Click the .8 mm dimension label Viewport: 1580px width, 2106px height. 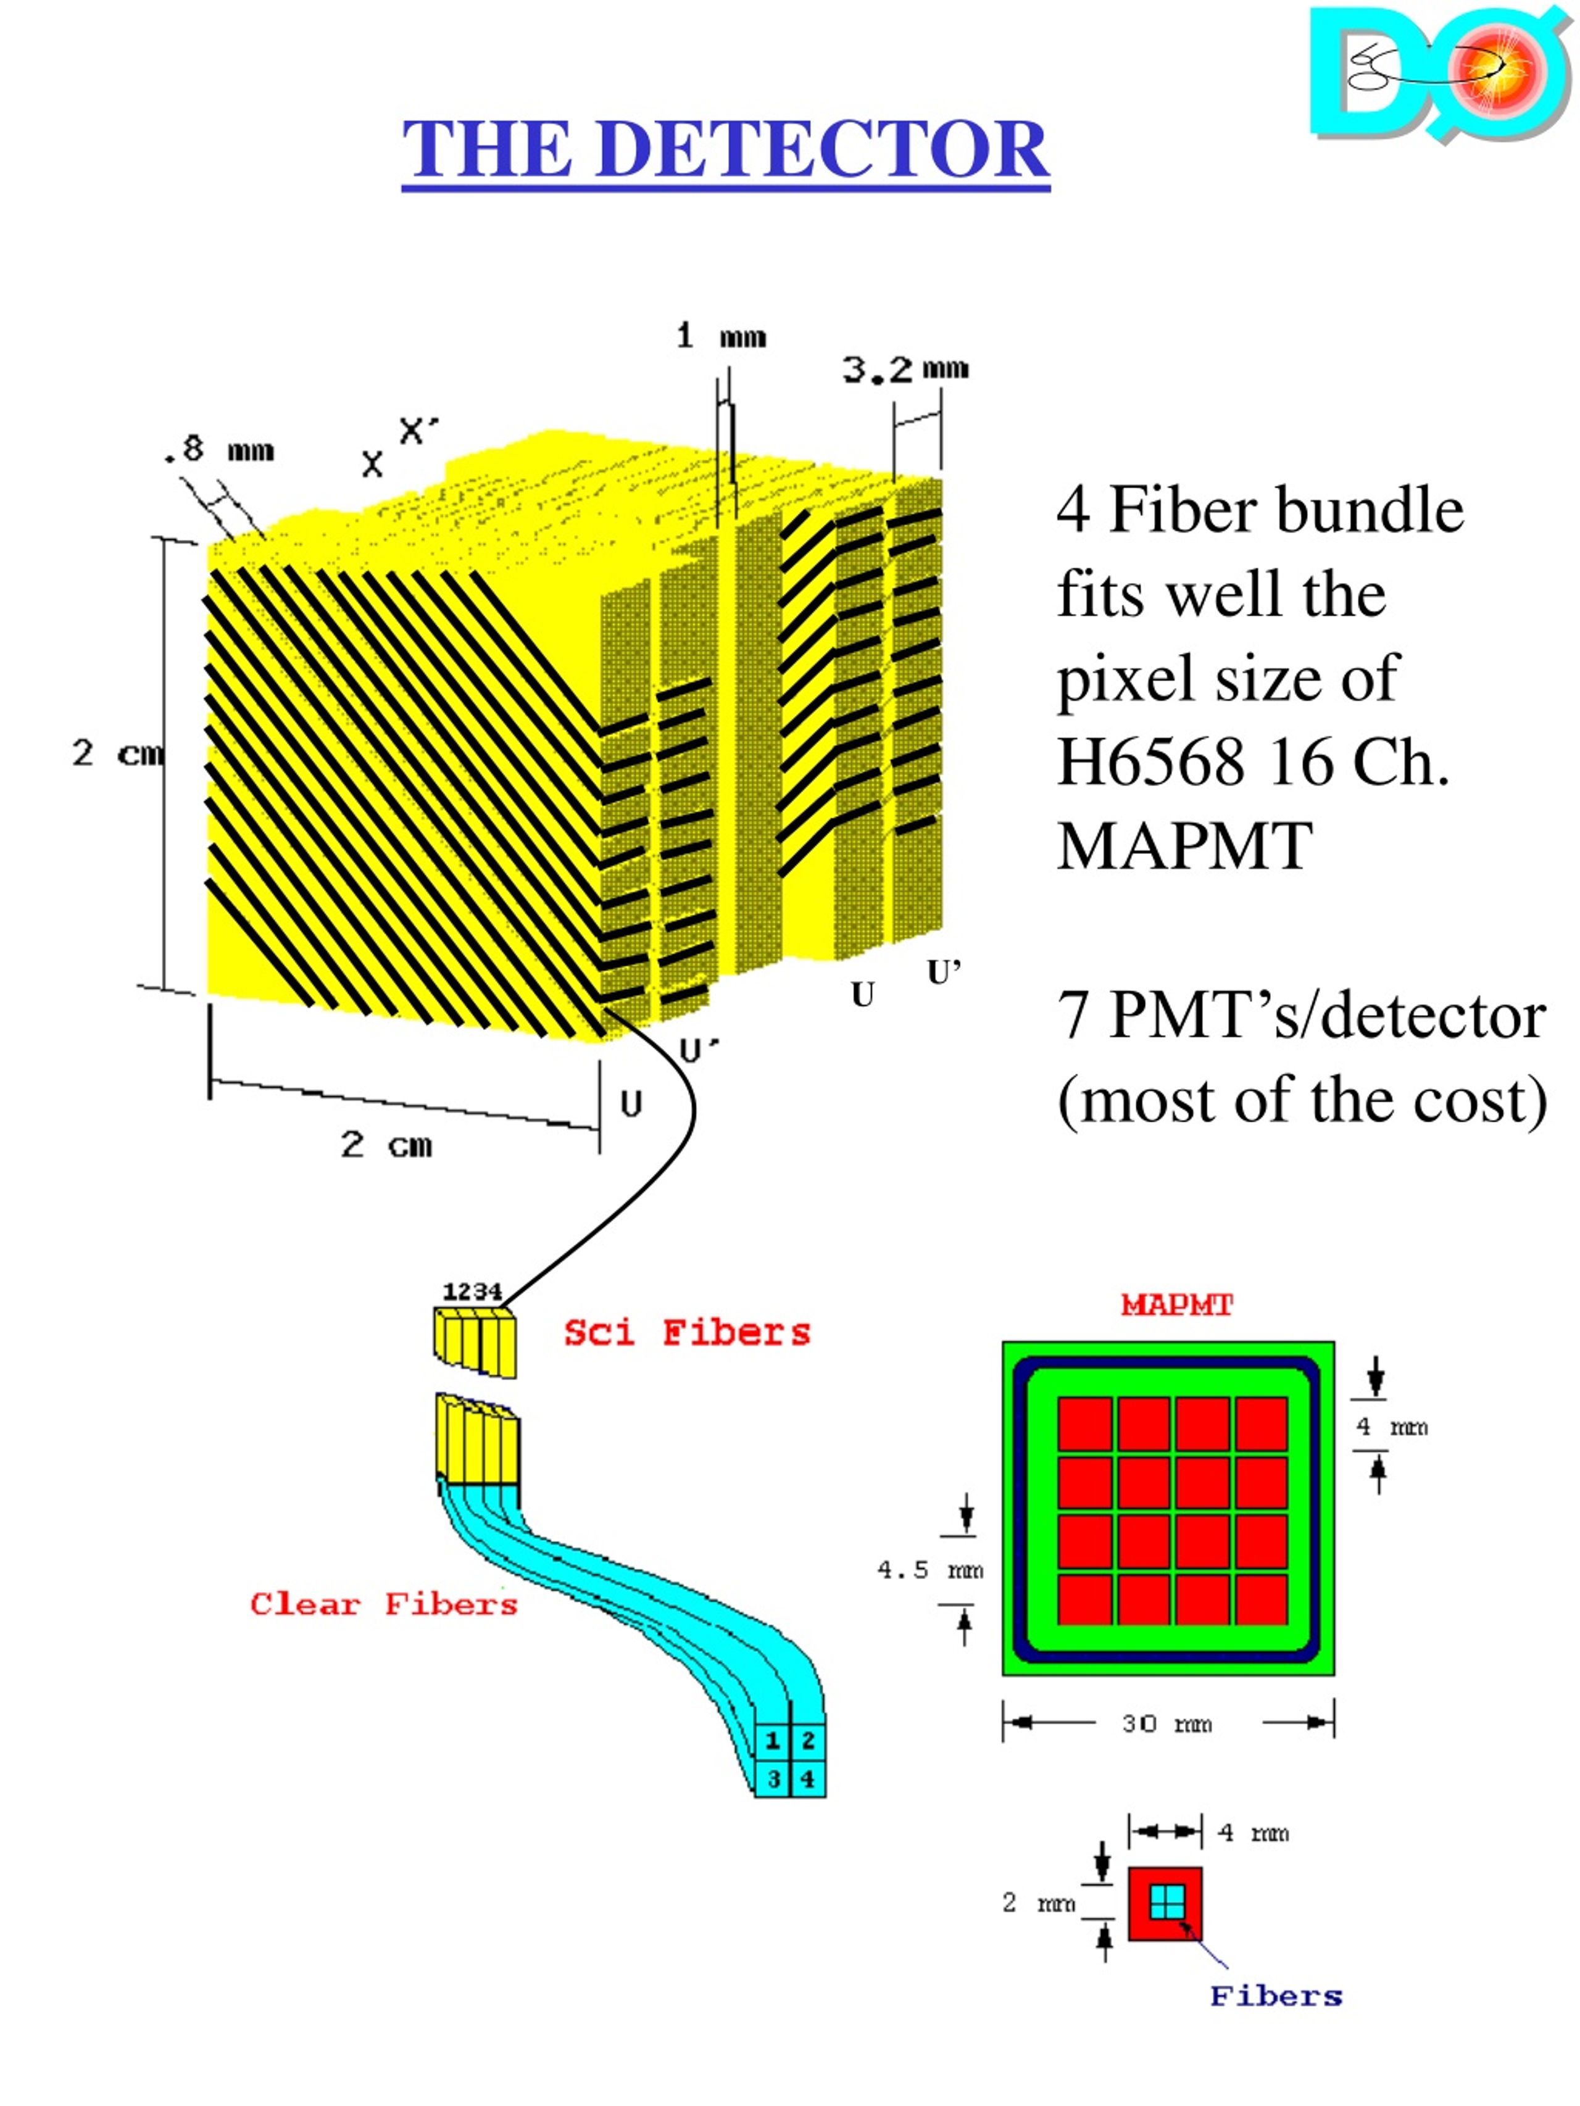point(219,449)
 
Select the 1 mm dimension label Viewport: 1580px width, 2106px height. point(721,336)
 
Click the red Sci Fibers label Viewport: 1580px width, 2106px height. point(687,1332)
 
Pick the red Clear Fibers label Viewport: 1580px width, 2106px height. point(384,1604)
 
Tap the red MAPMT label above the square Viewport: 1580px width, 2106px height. point(1176,1304)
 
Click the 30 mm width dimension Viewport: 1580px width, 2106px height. point(1166,1724)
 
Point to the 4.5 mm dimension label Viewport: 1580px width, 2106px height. point(929,1570)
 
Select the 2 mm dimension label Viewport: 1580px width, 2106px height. point(1038,1902)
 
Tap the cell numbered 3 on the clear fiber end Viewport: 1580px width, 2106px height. point(773,1778)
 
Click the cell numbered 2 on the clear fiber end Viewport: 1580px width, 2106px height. point(808,1741)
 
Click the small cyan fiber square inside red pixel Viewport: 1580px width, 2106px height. point(1166,1903)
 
